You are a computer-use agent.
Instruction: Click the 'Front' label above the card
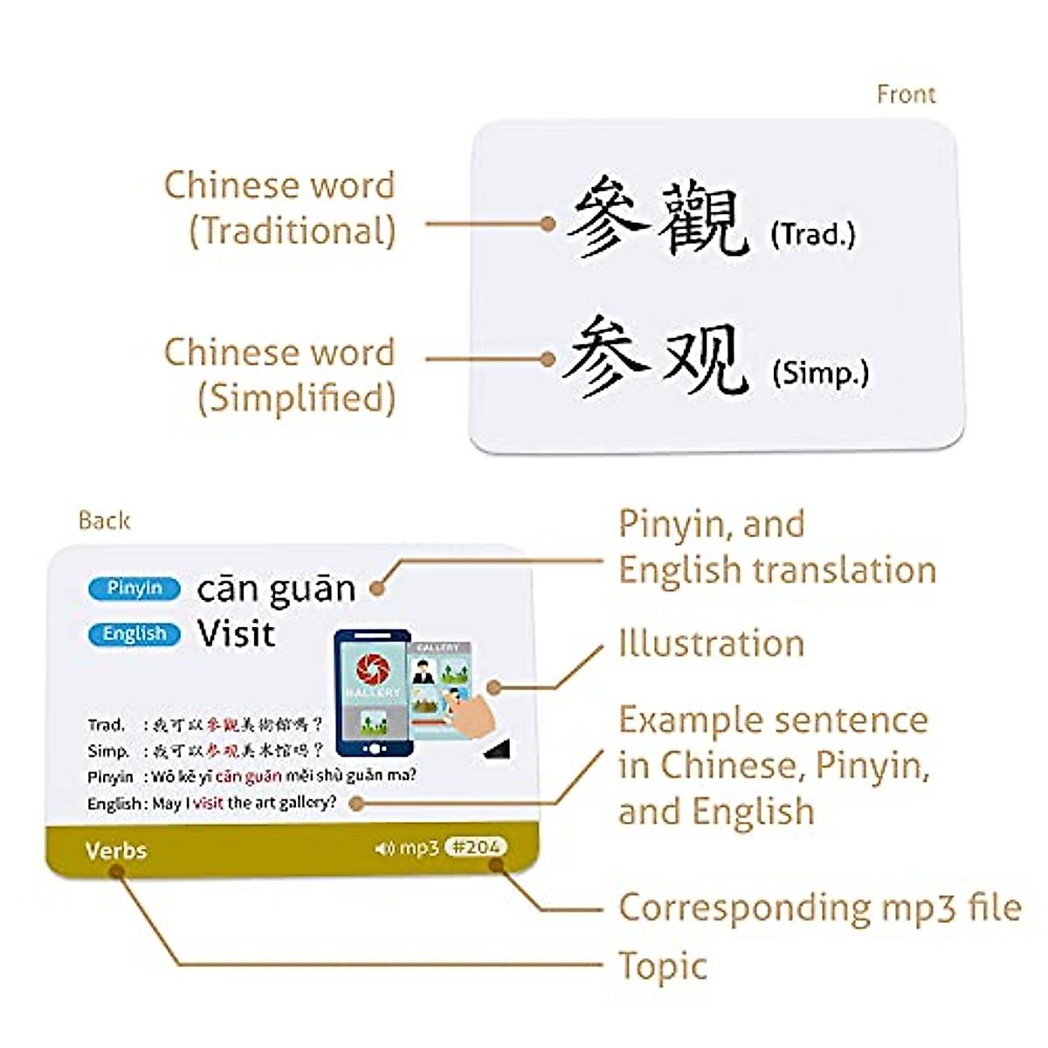(x=906, y=94)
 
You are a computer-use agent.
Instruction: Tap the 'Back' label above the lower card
(x=104, y=521)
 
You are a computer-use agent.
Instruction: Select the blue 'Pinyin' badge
(x=134, y=589)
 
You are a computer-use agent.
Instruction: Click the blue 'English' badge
(x=134, y=634)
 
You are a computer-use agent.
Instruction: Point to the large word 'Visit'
(x=236, y=633)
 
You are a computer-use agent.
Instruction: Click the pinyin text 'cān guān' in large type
(x=276, y=589)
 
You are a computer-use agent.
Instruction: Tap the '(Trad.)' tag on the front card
(x=812, y=234)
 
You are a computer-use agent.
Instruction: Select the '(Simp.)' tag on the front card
(x=820, y=373)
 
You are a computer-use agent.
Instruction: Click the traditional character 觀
(x=702, y=218)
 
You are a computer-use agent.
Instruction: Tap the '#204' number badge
(x=475, y=846)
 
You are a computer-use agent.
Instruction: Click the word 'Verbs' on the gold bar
(x=116, y=851)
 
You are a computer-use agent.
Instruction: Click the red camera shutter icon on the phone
(x=372, y=671)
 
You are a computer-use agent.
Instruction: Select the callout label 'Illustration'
(x=711, y=644)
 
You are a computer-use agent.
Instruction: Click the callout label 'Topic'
(x=662, y=967)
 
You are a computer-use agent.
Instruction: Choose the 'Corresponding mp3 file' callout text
(x=819, y=908)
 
